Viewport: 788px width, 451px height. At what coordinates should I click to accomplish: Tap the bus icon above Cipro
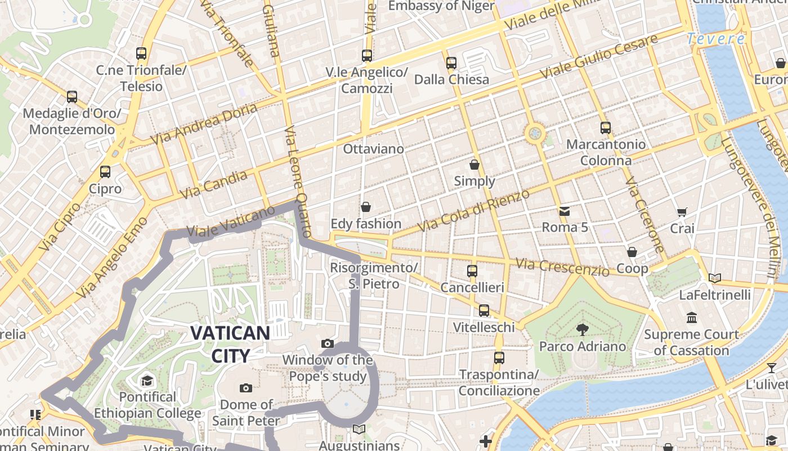pyautogui.click(x=105, y=172)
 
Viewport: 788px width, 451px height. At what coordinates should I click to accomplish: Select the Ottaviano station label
pyautogui.click(x=374, y=149)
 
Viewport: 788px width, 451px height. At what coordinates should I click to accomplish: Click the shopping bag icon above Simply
pyautogui.click(x=474, y=165)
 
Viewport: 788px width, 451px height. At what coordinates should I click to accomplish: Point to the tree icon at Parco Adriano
pyautogui.click(x=583, y=329)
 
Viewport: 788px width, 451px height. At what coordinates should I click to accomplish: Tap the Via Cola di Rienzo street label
pyautogui.click(x=474, y=210)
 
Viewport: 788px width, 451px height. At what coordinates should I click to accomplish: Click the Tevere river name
pyautogui.click(x=716, y=39)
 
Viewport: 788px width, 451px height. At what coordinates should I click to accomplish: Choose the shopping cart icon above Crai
pyautogui.click(x=682, y=213)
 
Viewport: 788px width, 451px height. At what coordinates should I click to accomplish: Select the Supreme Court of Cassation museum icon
pyautogui.click(x=692, y=318)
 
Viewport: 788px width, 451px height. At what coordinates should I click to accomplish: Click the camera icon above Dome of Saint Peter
pyautogui.click(x=246, y=388)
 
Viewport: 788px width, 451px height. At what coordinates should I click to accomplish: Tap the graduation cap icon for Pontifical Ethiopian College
pyautogui.click(x=147, y=381)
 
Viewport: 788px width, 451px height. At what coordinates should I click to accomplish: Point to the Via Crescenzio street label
pyautogui.click(x=562, y=267)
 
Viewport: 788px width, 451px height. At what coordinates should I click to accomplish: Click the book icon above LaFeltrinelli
pyautogui.click(x=715, y=278)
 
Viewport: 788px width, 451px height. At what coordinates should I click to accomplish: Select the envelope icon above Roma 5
pyautogui.click(x=565, y=211)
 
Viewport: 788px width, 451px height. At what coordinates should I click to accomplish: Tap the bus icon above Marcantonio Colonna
pyautogui.click(x=606, y=128)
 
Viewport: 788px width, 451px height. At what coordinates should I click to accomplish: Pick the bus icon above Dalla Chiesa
pyautogui.click(x=451, y=63)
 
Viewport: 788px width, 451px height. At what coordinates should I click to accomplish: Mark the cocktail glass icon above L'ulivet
pyautogui.click(x=771, y=368)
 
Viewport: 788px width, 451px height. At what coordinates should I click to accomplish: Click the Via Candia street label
pyautogui.click(x=214, y=185)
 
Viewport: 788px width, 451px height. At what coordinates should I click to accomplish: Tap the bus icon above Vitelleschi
pyautogui.click(x=484, y=311)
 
